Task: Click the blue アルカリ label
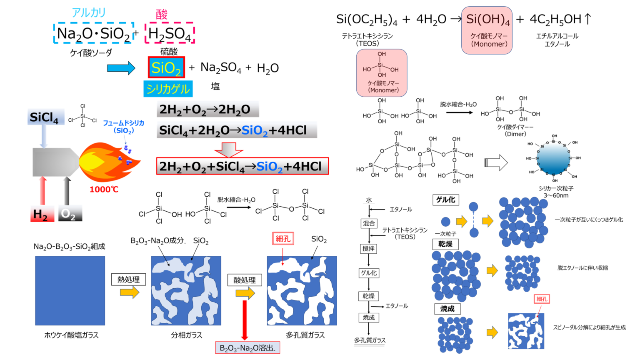tap(89, 12)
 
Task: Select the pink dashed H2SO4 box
tap(170, 33)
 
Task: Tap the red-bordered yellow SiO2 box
tap(166, 67)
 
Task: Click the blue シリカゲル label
tap(168, 89)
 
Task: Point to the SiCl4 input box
tap(46, 117)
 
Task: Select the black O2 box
tap(70, 214)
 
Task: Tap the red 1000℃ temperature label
tap(104, 190)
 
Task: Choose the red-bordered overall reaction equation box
tap(242, 166)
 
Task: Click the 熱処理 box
tap(128, 279)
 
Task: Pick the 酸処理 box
tap(245, 280)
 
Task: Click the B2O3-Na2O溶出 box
tap(247, 348)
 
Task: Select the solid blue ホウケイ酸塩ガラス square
tap(70, 290)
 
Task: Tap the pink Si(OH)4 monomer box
tap(487, 30)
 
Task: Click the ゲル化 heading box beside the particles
tap(445, 200)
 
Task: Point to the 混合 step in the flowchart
tap(369, 224)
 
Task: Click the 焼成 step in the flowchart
tap(368, 317)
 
